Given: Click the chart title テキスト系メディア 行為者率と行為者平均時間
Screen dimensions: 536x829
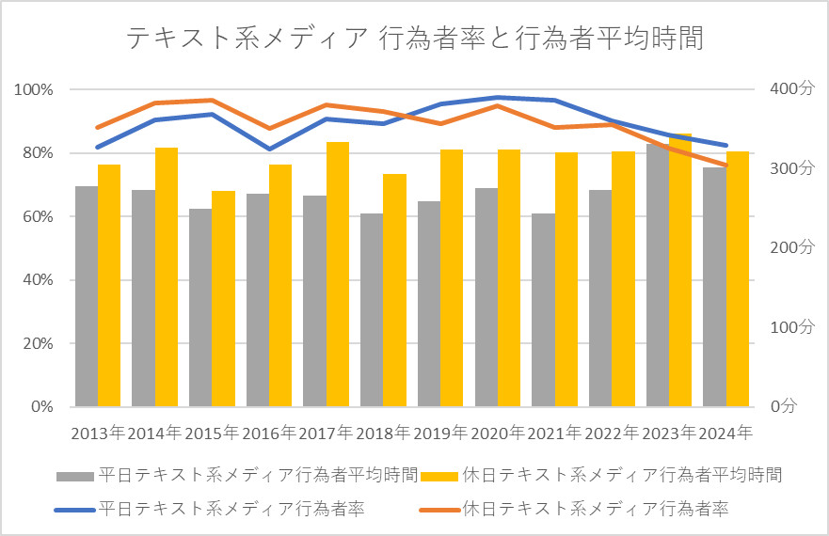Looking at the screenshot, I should (x=414, y=39).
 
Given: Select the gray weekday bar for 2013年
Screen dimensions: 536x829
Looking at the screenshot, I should (x=87, y=296).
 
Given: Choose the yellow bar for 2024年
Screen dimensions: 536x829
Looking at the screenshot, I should (x=738, y=279).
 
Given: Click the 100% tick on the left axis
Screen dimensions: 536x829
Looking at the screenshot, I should (x=34, y=89).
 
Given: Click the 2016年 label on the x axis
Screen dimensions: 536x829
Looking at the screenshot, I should (x=269, y=434).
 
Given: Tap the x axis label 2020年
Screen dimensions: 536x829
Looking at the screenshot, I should (x=498, y=434).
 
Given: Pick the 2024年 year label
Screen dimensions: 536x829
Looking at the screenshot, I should (x=726, y=434).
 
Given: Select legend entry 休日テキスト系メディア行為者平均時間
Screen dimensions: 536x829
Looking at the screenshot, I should (x=621, y=474).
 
